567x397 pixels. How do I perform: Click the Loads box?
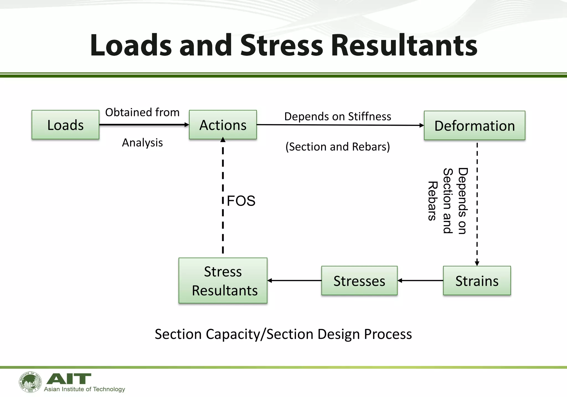65,125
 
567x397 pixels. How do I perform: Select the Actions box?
223,125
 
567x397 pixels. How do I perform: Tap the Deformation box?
475,126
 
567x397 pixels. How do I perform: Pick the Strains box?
477,281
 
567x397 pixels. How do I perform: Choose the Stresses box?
359,281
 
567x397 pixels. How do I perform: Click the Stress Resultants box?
223,281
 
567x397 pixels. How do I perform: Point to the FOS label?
241,201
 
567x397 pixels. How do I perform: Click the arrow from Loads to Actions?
144,125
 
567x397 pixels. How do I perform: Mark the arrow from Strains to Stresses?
420,281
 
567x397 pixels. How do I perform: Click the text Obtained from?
142,112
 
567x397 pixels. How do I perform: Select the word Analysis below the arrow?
142,143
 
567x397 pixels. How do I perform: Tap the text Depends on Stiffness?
338,117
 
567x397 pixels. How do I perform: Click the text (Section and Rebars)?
338,147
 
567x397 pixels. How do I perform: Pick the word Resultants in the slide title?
404,45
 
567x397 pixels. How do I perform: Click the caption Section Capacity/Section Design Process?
283,334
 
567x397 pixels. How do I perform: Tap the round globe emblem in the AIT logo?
30,382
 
